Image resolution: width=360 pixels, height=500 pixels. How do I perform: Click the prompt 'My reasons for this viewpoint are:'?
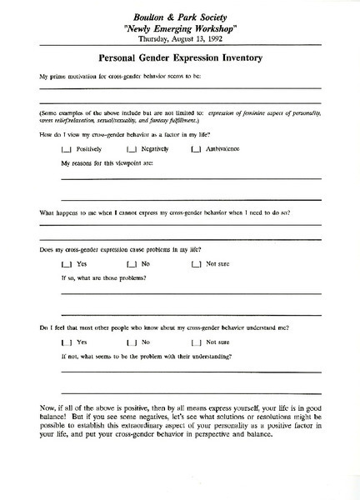coord(108,163)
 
